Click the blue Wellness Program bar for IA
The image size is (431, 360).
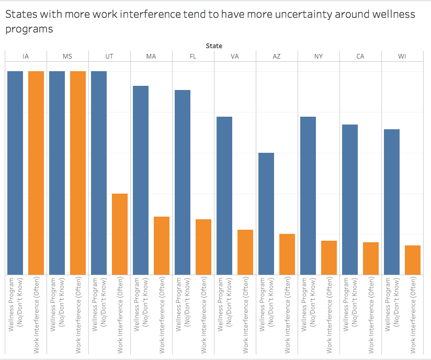(x=15, y=173)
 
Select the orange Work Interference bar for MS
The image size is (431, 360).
(x=78, y=173)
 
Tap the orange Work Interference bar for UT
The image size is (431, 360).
(x=120, y=234)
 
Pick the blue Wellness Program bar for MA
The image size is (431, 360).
(x=141, y=180)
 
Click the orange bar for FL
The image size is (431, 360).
(x=203, y=247)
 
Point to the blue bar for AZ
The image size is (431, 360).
(x=266, y=213)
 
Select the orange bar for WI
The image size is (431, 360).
(x=413, y=260)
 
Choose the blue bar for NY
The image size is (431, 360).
(x=308, y=196)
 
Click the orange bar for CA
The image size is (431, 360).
(x=371, y=258)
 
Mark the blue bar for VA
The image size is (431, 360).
(x=224, y=196)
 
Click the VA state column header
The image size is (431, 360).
(x=235, y=57)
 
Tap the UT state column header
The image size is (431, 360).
(x=109, y=57)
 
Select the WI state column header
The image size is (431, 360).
(x=402, y=57)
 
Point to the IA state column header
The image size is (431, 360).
(x=26, y=57)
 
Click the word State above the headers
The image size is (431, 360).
(x=214, y=46)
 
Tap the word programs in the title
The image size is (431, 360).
(x=29, y=29)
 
